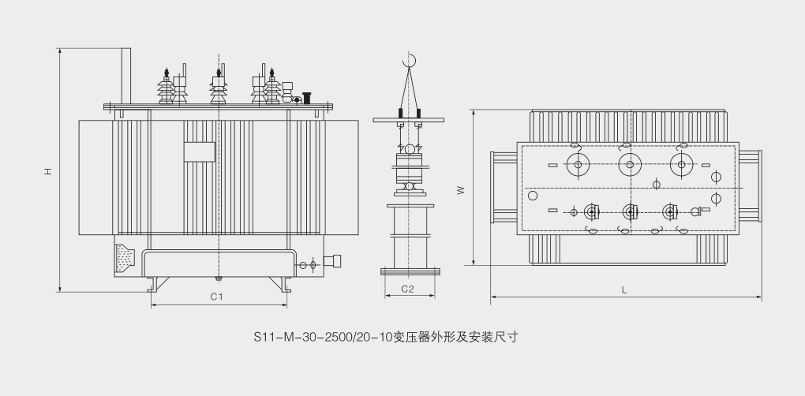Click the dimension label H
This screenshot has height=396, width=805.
coord(48,170)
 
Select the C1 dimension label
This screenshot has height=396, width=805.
coord(216,297)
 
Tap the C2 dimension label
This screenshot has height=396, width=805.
coord(407,289)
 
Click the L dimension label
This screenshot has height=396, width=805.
coord(624,290)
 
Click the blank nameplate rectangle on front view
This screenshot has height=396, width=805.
coord(200,152)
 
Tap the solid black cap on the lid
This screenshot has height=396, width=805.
coord(306,98)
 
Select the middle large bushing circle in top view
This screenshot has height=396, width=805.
coord(629,164)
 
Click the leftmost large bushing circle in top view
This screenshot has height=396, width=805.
coord(578,164)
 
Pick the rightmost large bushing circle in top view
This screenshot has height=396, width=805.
coord(680,164)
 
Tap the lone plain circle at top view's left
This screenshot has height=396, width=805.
coord(533,195)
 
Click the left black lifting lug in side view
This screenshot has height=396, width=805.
coord(401,115)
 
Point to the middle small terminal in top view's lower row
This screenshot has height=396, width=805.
coord(630,211)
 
